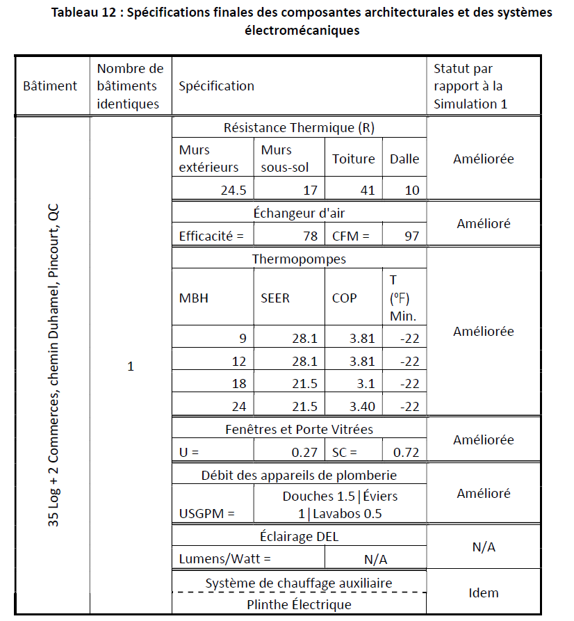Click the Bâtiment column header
coord(50,86)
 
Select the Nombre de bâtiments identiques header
coord(130,86)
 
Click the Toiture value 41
coord(367,190)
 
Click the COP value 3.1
coord(364,384)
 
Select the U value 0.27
coord(304,452)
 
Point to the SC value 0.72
coord(406,452)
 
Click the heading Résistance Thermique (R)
coord(300,128)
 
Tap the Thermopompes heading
coord(299,259)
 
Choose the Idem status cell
coord(484,592)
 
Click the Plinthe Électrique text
coord(299,604)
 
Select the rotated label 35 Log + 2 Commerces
coord(54,366)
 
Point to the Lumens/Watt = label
coord(224,558)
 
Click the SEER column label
coord(275,298)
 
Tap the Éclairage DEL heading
coord(299,536)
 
